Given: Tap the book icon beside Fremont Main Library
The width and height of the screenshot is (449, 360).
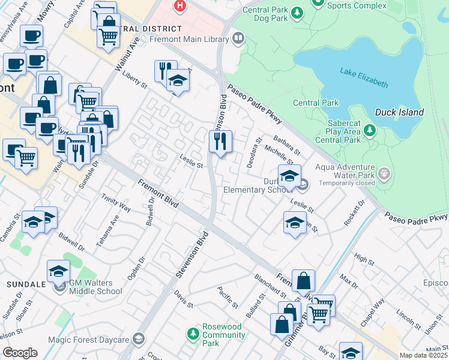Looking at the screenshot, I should pyautogui.click(x=238, y=40).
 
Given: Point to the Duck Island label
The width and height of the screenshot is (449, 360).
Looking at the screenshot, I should pyautogui.click(x=399, y=112).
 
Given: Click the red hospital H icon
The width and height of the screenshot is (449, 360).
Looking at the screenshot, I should pyautogui.click(x=179, y=6).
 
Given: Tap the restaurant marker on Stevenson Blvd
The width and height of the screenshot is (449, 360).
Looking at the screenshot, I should pyautogui.click(x=220, y=142).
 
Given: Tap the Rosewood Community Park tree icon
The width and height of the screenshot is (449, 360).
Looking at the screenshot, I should pyautogui.click(x=193, y=332).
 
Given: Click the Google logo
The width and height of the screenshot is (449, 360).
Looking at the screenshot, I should pyautogui.click(x=20, y=353).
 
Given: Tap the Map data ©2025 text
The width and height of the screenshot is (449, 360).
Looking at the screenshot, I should pyautogui.click(x=423, y=355).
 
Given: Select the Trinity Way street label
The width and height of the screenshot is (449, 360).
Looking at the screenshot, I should pyautogui.click(x=116, y=204).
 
